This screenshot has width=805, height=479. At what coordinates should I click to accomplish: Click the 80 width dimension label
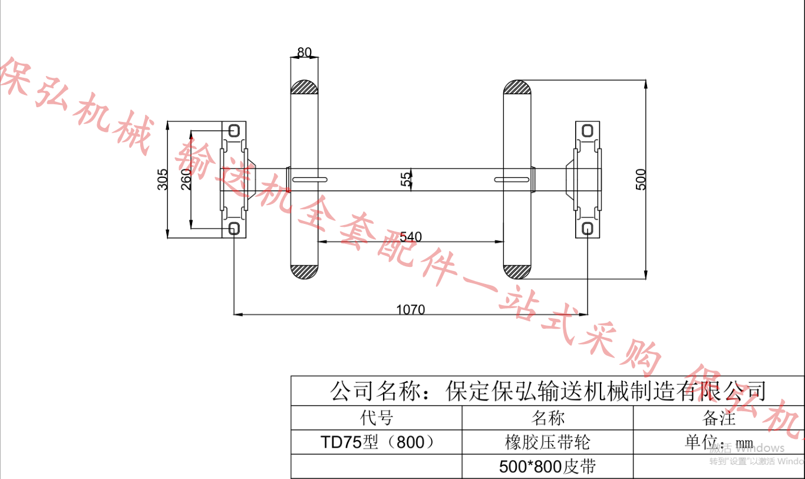coord(304,52)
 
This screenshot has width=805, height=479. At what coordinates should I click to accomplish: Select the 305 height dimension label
coord(163,180)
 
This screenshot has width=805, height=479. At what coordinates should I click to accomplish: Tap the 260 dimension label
coord(186,180)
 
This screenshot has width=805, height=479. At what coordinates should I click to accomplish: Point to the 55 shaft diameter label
coord(406,180)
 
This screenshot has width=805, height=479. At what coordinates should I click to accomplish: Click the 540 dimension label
coord(411,237)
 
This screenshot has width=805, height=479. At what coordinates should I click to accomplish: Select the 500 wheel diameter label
coord(642,179)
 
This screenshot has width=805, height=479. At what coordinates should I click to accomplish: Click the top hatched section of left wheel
coord(305,87)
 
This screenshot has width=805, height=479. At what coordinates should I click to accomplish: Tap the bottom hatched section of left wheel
coord(305,272)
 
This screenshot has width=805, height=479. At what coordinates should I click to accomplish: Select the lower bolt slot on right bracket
coord(588,229)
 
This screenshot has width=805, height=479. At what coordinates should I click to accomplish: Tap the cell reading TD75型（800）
coord(377,442)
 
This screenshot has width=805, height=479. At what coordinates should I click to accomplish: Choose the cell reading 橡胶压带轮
coord(547,442)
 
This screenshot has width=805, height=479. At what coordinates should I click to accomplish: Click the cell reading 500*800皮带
coord(547,467)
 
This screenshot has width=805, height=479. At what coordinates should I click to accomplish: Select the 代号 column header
coord(377,418)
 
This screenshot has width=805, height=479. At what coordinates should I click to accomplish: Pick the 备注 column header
coord(719,418)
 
